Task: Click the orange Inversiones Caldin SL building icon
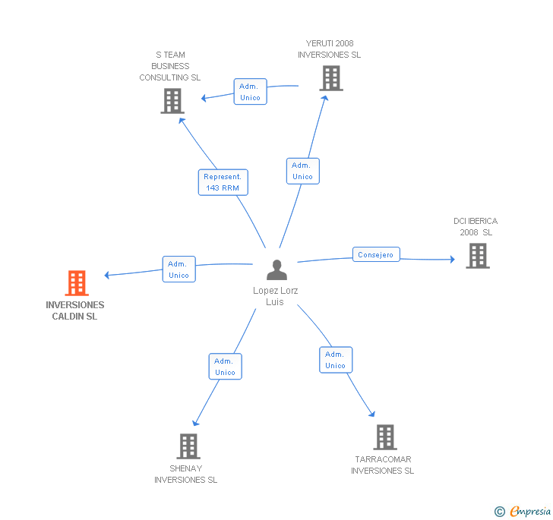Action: point(77,282)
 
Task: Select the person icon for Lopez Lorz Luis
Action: point(276,269)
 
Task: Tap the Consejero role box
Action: point(376,254)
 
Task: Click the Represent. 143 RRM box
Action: point(223,182)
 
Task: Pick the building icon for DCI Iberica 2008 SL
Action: point(478,256)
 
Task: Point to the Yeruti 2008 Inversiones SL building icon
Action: point(331,78)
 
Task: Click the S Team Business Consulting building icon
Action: point(172,101)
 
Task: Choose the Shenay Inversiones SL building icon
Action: point(188,446)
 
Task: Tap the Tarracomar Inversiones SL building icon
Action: point(385,436)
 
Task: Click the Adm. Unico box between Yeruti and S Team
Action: point(251,92)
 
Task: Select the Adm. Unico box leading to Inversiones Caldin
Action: point(179,269)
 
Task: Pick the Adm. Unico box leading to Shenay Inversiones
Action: point(226,367)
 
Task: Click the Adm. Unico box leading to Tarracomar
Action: point(336,360)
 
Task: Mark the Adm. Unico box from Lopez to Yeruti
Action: point(303,171)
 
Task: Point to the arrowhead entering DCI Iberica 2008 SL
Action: point(453,260)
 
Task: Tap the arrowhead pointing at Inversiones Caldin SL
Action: point(107,275)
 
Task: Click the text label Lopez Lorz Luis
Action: point(275,296)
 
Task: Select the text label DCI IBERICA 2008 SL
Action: point(476,227)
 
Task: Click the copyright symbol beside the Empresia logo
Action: point(500,511)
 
